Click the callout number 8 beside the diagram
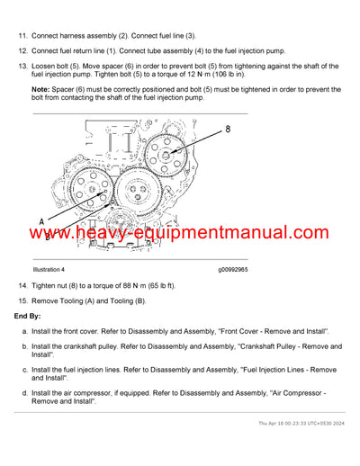[x=227, y=129]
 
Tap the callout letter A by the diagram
[x=41, y=220]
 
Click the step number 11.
[x=22, y=35]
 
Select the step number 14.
[x=22, y=285]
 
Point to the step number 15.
[x=22, y=300]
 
